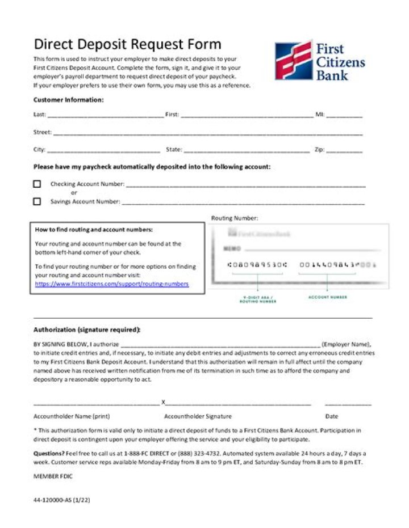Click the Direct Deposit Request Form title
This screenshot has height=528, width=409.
click(127, 45)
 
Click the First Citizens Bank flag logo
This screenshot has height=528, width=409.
click(293, 60)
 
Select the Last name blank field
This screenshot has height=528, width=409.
click(105, 115)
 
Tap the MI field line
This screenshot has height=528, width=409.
click(344, 115)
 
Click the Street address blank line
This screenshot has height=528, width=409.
click(207, 133)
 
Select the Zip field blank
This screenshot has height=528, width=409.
click(344, 151)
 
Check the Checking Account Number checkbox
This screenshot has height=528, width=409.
click(37, 184)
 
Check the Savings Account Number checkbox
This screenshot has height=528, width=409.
click(37, 201)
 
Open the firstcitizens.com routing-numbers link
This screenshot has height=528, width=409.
click(112, 284)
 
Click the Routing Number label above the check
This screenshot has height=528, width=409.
click(235, 218)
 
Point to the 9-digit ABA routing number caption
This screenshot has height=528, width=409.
click(257, 299)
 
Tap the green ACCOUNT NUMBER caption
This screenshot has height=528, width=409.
click(327, 297)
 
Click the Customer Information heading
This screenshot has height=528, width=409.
click(68, 100)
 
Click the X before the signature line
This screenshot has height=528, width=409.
click(163, 403)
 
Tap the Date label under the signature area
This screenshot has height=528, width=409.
click(332, 416)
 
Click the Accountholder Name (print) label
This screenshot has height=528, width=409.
click(72, 416)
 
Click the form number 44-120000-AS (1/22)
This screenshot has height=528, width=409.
click(62, 500)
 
